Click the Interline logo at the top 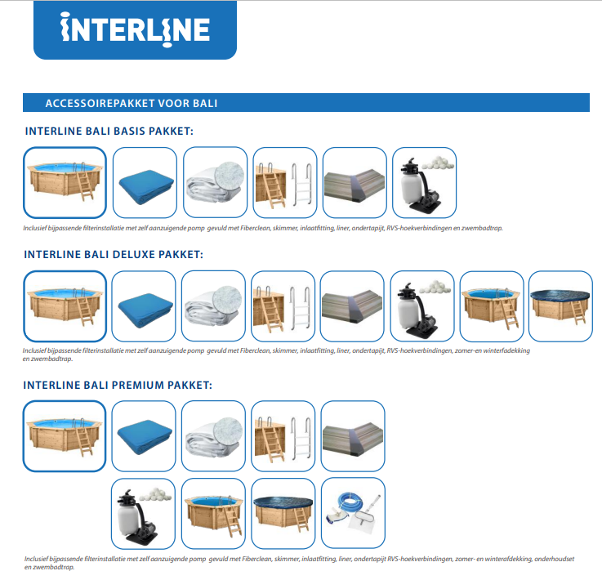tap(135, 30)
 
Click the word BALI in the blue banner tap(205, 103)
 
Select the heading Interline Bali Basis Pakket tap(109, 132)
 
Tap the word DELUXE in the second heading tap(132, 255)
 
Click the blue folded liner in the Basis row tap(145, 185)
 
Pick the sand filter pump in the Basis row tap(420, 185)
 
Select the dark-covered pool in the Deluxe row tap(560, 306)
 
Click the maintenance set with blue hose tap(353, 513)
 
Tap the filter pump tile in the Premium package tap(143, 514)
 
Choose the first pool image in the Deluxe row tap(65, 306)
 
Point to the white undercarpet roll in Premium tap(213, 436)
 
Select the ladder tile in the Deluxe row tap(283, 306)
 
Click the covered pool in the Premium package tap(283, 513)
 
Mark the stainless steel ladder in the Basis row tap(301, 185)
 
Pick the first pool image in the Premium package tap(65, 436)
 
